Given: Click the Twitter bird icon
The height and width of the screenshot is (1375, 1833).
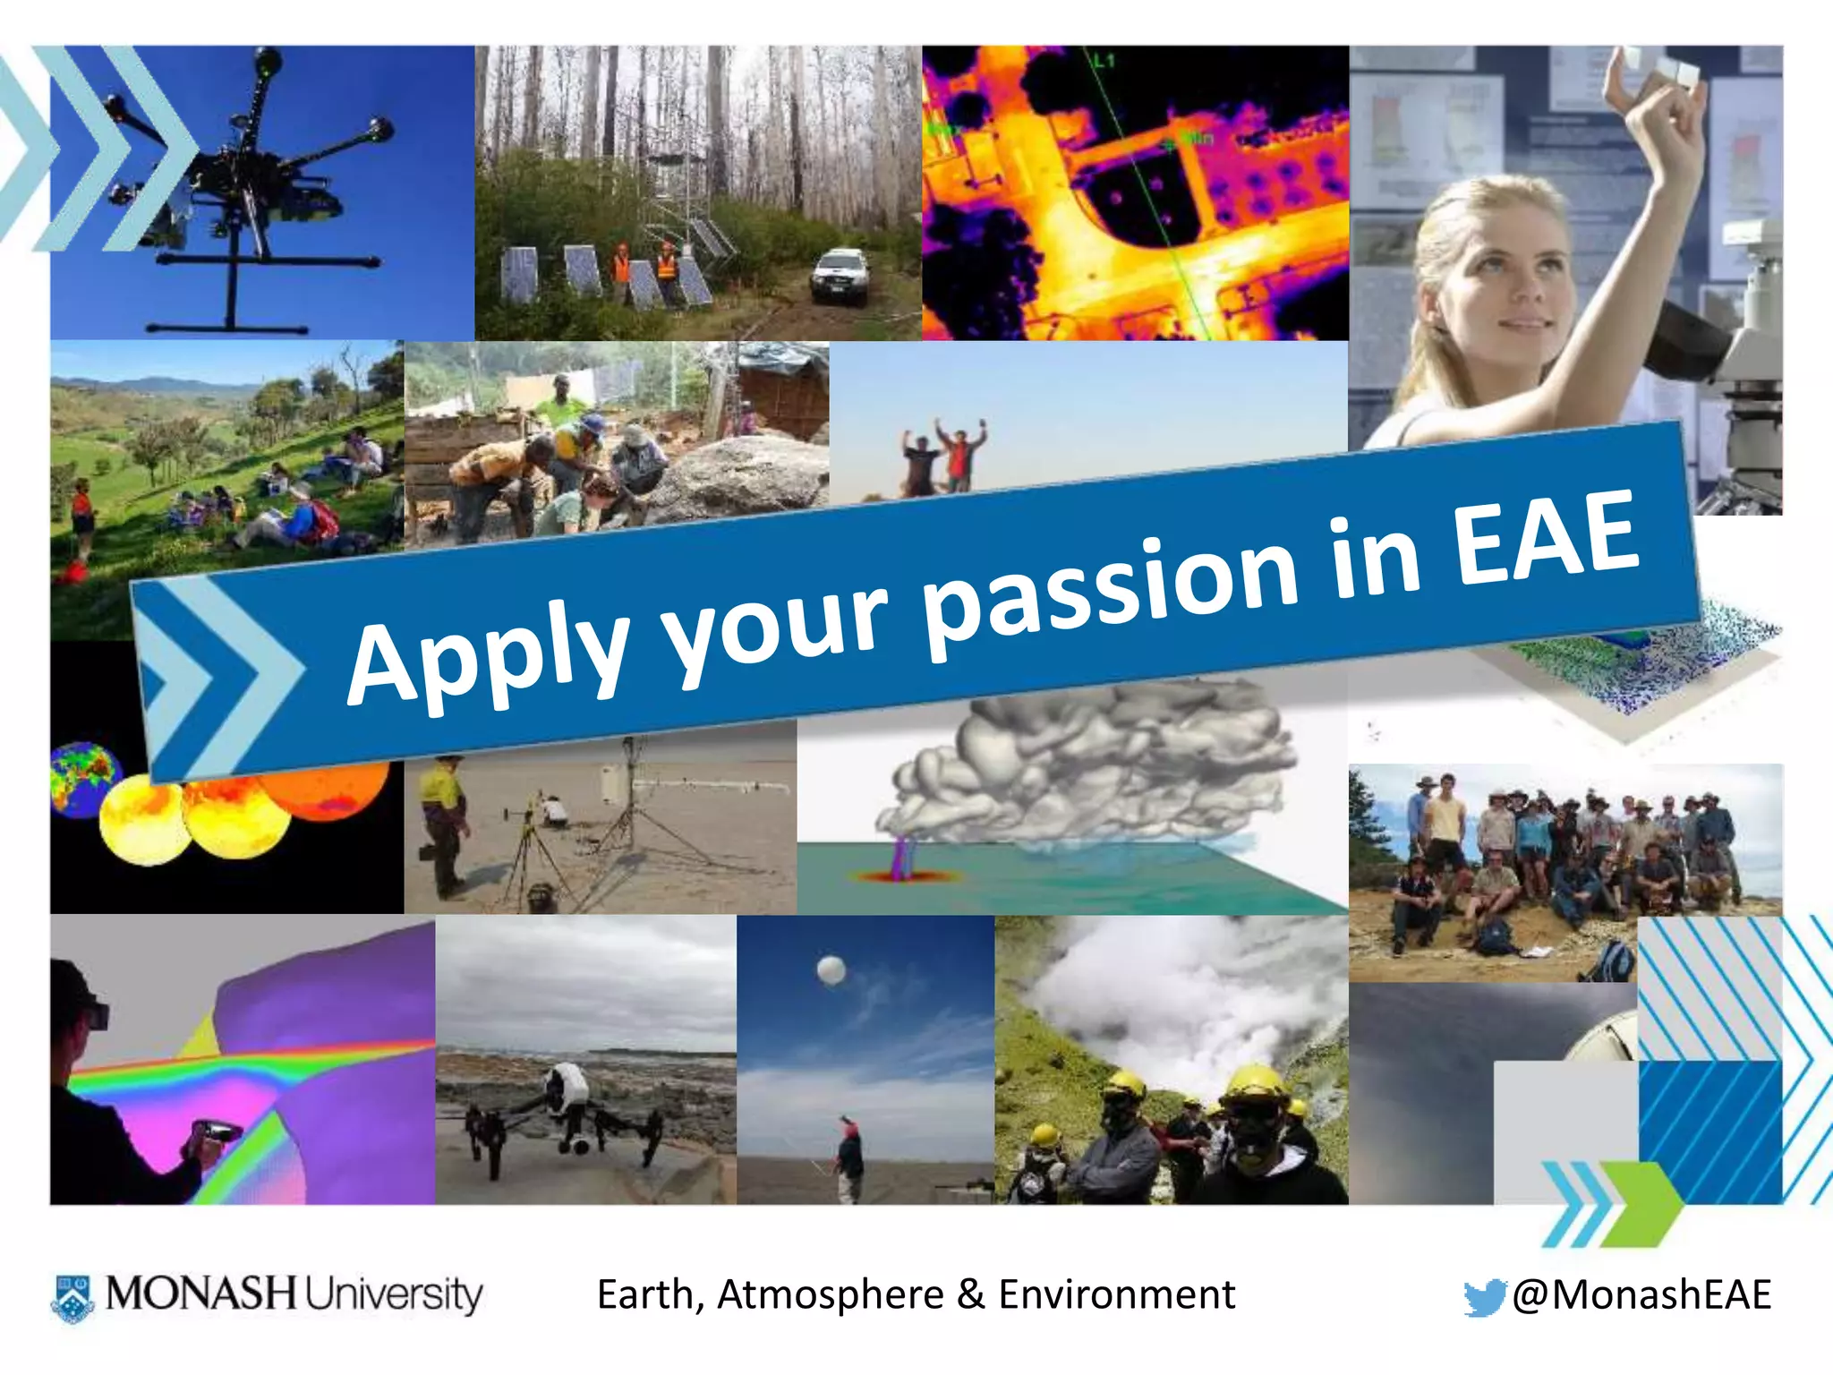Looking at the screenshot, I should [1485, 1297].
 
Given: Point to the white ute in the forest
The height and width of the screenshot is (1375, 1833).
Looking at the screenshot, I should [840, 275].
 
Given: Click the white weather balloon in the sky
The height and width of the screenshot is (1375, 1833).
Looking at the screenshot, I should [831, 970].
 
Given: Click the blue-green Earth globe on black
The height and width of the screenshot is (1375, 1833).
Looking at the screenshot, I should [82, 777].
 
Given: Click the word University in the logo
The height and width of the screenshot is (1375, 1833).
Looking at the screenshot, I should [394, 1294].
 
